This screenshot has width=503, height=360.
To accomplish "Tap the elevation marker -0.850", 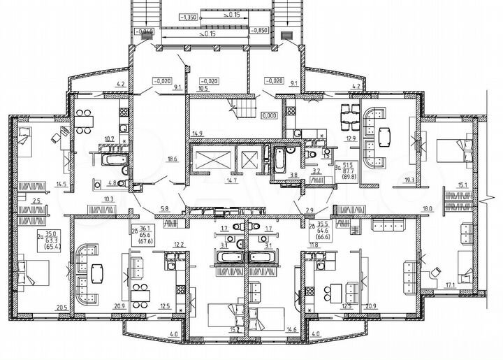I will pyautogui.click(x=260, y=31).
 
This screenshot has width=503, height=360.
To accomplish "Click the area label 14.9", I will pyautogui.click(x=198, y=134).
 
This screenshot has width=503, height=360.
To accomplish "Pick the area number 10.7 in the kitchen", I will pyautogui.click(x=109, y=138).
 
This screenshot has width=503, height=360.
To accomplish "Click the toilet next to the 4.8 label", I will pyautogui.click(x=123, y=185).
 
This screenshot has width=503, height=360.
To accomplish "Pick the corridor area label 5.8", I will pyautogui.click(x=164, y=209).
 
